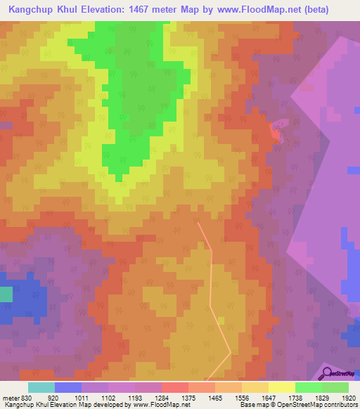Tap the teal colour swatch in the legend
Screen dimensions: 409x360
point(41,387)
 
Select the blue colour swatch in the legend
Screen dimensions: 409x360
point(68,387)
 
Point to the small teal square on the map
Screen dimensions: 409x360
point(6,294)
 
